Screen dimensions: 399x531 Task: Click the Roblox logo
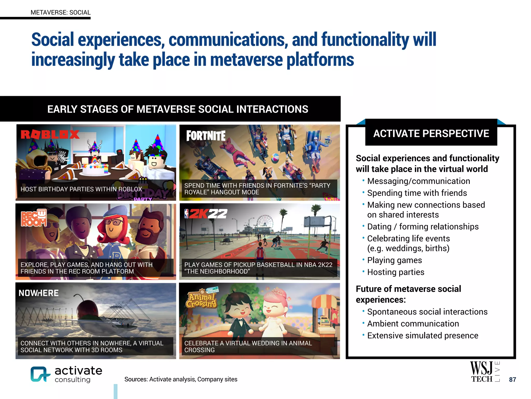[x=50, y=134]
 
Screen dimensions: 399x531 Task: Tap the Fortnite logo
[x=206, y=136]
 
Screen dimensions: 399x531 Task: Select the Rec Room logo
[x=34, y=218]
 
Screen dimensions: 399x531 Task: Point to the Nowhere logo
[x=39, y=293]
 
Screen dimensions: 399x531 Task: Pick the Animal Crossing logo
[x=202, y=299]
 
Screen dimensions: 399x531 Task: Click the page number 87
[x=512, y=380]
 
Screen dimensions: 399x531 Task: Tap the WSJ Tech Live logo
[x=484, y=372]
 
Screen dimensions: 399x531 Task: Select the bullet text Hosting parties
[x=396, y=272]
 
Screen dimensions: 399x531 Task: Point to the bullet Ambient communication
[x=413, y=324]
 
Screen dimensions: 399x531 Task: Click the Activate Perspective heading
[x=431, y=134]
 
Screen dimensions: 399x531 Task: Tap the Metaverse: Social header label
[x=60, y=12]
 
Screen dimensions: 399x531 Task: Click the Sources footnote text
[x=181, y=379]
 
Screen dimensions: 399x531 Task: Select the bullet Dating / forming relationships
[x=423, y=227]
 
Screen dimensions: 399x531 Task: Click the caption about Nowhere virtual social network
[x=92, y=347]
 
